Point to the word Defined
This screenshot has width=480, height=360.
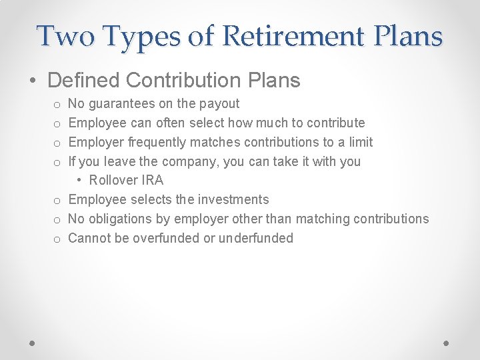tap(83, 81)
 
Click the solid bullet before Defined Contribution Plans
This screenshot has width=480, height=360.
tap(33, 81)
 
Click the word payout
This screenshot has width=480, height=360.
tap(219, 104)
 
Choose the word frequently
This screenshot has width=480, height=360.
tap(158, 142)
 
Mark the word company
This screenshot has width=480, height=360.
tap(189, 161)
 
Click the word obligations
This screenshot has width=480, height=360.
tap(119, 219)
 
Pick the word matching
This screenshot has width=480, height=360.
tap(323, 219)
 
